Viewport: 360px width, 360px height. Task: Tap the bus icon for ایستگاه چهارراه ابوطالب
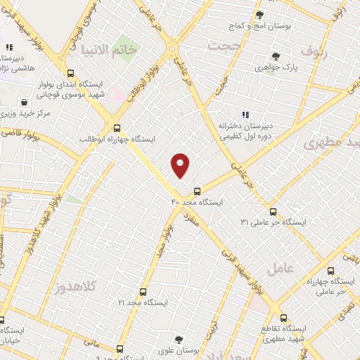click(x=117, y=129)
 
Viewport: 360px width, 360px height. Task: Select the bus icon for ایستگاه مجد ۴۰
click(x=197, y=190)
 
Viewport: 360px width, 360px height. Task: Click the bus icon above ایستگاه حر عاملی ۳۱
click(x=273, y=212)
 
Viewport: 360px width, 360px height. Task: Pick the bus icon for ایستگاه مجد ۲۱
click(x=143, y=291)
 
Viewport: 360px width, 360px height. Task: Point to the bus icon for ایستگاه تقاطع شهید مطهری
click(x=283, y=317)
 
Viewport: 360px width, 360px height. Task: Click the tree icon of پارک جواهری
click(x=275, y=57)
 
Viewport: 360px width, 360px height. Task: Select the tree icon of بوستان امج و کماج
click(x=259, y=14)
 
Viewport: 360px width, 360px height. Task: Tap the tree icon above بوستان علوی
click(x=180, y=340)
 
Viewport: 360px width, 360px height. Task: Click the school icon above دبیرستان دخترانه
click(x=245, y=115)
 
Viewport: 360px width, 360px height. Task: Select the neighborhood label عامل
click(x=279, y=267)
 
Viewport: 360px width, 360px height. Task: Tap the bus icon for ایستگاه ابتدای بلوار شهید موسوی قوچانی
click(x=70, y=73)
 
